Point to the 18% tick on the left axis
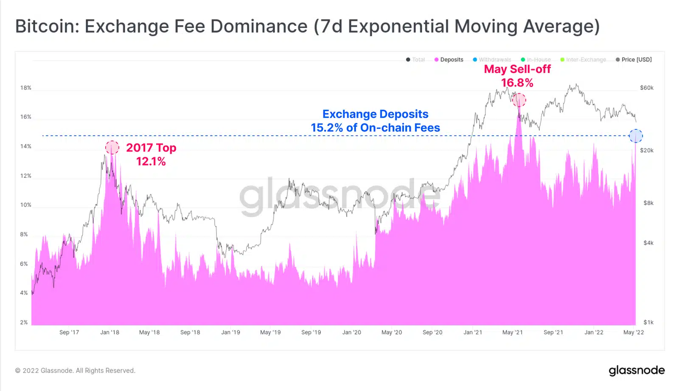tap(26, 88)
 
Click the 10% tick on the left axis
tap(26, 205)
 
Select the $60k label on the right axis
tap(647, 88)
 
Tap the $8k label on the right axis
tap(648, 203)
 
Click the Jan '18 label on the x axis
tap(109, 332)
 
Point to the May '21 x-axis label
tap(513, 332)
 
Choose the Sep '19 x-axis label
tap(311, 332)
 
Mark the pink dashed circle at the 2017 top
tap(112, 148)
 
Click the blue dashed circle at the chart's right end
tap(636, 136)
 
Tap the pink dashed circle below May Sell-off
tap(519, 101)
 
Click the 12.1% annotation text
tap(151, 162)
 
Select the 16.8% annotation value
tap(517, 83)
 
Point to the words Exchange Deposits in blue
tap(375, 114)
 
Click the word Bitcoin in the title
tap(45, 26)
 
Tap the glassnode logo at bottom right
tap(637, 371)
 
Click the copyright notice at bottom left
tap(75, 371)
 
